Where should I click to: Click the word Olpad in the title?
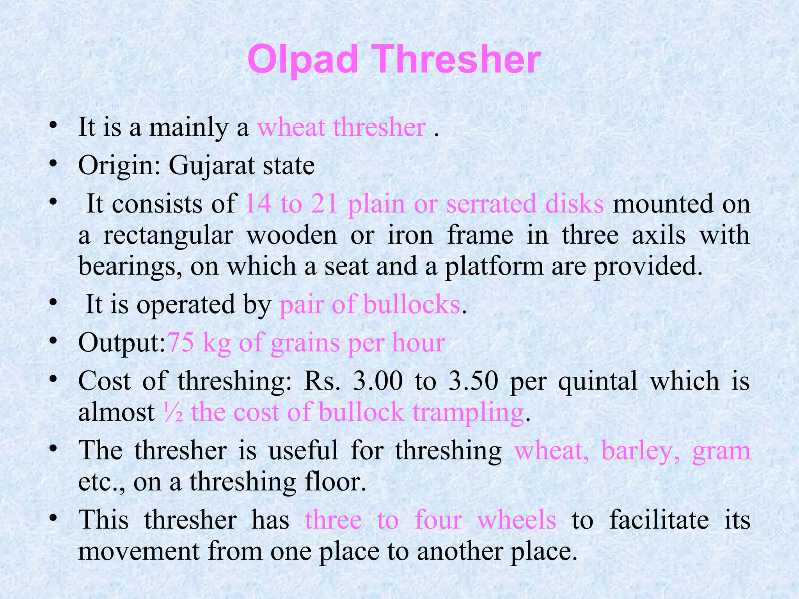pos(303,59)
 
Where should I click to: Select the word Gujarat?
pos(211,166)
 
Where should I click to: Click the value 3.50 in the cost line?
pos(473,381)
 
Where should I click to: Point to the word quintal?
pos(598,381)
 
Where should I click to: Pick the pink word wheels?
pos(517,520)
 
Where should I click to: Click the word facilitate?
pos(659,520)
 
